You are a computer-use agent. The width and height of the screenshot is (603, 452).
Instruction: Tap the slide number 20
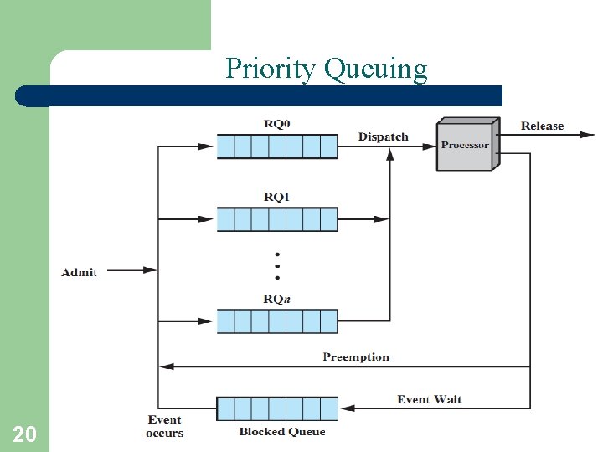(x=24, y=434)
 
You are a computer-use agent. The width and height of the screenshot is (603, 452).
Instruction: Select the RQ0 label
(x=277, y=124)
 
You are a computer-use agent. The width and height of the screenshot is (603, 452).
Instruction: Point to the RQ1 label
(x=277, y=197)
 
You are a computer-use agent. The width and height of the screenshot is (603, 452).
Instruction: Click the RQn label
(x=277, y=299)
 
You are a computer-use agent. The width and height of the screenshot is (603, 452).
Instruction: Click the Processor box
(x=466, y=146)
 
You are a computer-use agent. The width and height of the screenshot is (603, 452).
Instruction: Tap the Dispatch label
(x=384, y=136)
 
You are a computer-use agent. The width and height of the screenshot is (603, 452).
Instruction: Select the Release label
(x=543, y=126)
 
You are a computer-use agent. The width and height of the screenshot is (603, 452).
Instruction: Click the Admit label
(x=79, y=271)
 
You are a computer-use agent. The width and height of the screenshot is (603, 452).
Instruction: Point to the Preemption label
(x=356, y=357)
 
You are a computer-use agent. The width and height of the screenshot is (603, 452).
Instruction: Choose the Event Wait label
(x=429, y=399)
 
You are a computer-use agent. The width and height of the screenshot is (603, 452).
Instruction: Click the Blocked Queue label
(x=282, y=432)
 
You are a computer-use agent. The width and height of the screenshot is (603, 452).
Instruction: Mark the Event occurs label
(x=164, y=426)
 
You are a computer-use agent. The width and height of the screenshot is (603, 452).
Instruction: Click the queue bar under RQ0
(x=277, y=146)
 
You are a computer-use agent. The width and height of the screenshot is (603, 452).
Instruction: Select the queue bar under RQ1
(x=277, y=219)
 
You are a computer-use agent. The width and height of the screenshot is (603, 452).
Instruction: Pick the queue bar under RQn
(x=277, y=321)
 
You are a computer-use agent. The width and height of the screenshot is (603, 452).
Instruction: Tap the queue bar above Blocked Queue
(x=277, y=408)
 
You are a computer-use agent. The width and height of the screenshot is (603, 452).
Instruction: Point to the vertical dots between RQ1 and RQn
(x=277, y=265)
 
